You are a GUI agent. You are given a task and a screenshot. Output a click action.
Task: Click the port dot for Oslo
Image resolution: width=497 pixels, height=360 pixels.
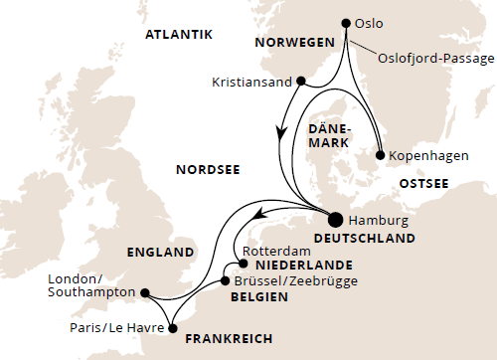coord(346,23)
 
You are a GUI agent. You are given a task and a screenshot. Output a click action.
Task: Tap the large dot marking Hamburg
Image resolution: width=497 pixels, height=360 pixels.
coord(334,220)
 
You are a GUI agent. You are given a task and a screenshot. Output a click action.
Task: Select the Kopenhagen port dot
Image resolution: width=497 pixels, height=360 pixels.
coord(380,155)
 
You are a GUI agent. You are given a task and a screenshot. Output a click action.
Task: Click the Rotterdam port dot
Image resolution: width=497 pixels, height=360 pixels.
coord(243,265)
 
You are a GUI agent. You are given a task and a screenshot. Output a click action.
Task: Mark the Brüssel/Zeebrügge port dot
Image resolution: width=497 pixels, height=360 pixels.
coord(224,281)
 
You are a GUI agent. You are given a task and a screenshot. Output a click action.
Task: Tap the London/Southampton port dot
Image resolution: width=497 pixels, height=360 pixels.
coord(145,293)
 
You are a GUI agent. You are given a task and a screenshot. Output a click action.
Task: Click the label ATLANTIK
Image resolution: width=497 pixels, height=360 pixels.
coord(179,35)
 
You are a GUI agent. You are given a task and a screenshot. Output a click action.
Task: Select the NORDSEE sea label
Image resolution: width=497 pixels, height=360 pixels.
coord(205,169)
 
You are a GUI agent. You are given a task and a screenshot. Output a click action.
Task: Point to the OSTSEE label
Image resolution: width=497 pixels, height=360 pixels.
coord(424,184)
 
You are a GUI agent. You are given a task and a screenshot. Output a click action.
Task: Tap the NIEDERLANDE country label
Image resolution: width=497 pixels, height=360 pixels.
coord(299,266)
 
